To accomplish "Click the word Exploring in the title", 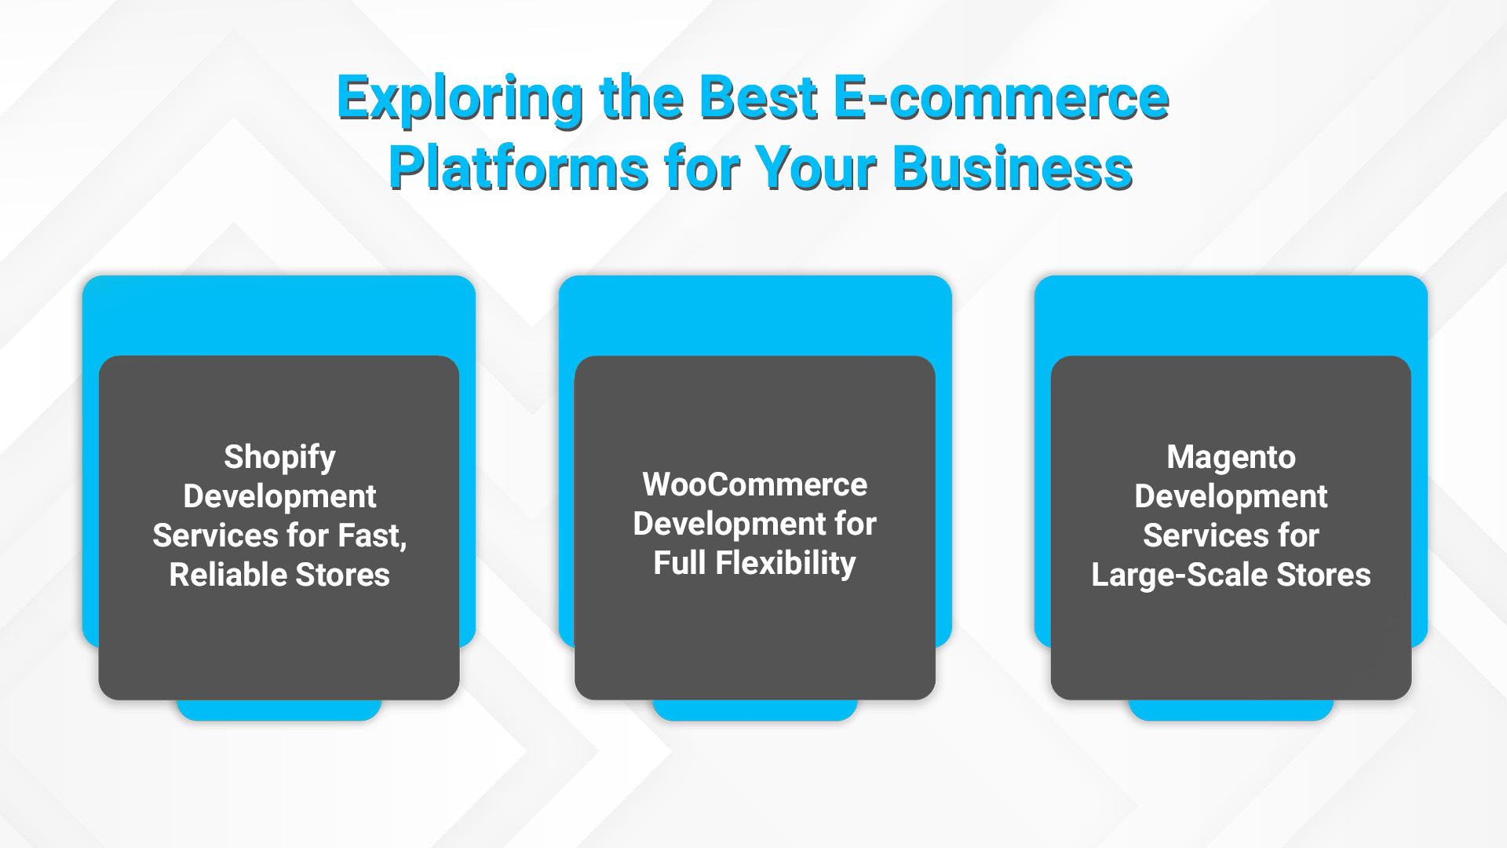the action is coord(460,100).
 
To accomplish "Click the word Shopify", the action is coord(279,458).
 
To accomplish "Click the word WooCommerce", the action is coord(755,484).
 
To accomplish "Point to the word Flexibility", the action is coord(786,564).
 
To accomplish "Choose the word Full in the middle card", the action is coord(680,563).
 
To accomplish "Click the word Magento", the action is coord(1231,458).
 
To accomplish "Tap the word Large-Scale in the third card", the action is coord(1180,576).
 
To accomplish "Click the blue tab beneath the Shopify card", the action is coord(279,710).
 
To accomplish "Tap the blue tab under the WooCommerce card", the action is coord(755,710).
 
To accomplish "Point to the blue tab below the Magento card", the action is coord(1231,710).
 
